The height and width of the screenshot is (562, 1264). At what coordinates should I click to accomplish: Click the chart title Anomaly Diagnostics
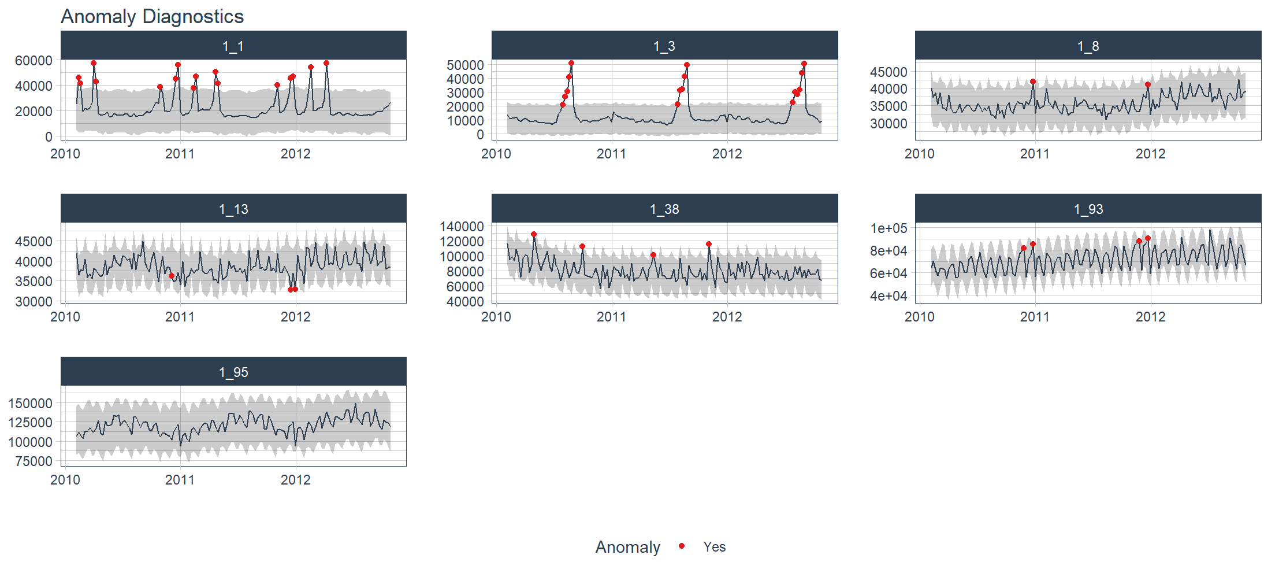tap(152, 16)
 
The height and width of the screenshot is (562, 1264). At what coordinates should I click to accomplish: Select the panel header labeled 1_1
tap(233, 46)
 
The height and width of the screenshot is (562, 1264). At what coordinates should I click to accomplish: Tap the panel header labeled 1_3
tap(664, 46)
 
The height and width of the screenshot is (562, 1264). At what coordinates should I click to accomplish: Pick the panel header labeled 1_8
tap(1088, 46)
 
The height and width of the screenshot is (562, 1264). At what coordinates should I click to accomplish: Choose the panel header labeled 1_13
tap(233, 209)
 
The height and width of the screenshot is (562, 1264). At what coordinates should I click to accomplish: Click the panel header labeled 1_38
tap(664, 209)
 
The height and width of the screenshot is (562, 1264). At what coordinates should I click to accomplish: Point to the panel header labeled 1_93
tap(1088, 209)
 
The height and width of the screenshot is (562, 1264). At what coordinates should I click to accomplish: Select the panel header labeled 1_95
tap(233, 372)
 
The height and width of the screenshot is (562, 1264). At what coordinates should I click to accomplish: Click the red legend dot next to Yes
tap(682, 546)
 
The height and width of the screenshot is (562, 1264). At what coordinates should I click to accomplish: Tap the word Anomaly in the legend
tap(627, 547)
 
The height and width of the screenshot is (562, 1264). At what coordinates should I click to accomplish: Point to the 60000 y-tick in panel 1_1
tap(34, 61)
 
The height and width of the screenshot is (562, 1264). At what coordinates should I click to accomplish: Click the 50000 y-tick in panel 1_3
tap(465, 65)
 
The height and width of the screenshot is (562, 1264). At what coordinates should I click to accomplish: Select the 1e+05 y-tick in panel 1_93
tap(888, 228)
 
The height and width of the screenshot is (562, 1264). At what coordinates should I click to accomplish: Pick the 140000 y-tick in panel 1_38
tap(462, 226)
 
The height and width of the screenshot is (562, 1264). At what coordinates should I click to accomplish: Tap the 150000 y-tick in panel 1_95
tap(30, 404)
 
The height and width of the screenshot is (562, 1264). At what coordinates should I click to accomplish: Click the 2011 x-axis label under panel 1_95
tap(180, 480)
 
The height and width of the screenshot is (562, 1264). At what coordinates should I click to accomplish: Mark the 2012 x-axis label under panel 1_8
tap(1150, 154)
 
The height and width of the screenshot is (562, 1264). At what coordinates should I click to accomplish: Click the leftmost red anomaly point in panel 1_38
tap(534, 234)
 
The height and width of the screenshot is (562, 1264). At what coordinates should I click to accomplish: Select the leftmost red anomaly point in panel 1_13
tap(172, 276)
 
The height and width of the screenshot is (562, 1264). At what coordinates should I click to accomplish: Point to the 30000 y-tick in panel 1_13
tap(34, 301)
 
